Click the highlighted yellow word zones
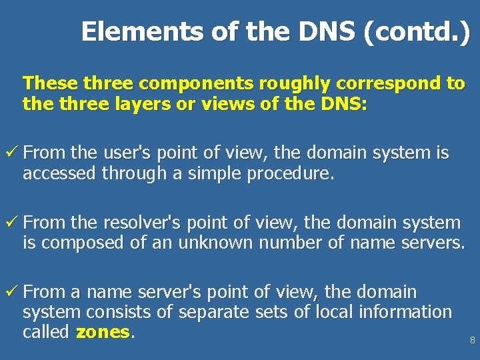click(x=102, y=332)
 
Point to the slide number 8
click(x=472, y=340)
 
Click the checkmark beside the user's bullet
click(x=11, y=153)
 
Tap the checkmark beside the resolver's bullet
click(x=11, y=223)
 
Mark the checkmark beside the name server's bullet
click(x=11, y=292)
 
